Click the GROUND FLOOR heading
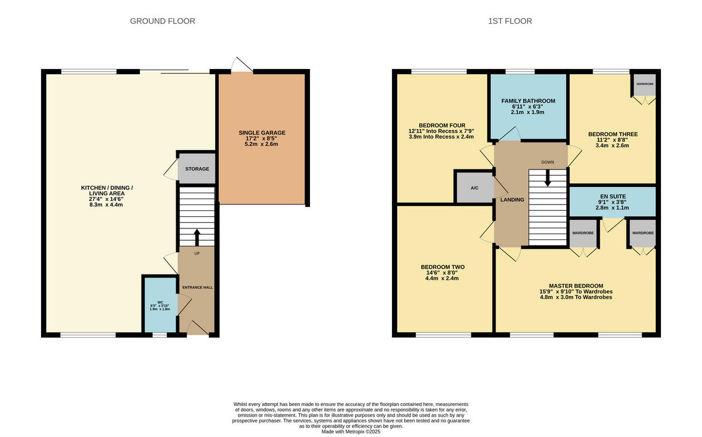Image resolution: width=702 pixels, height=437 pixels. [162, 21]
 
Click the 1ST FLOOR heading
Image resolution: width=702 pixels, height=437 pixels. [510, 21]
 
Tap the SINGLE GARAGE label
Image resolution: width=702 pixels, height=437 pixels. [261, 133]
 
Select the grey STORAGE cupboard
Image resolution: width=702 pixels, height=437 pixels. [197, 169]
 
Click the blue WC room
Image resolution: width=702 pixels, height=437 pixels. [160, 305]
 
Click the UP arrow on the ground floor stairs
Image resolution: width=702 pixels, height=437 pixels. [197, 237]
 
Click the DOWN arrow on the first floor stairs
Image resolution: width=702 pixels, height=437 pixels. [548, 178]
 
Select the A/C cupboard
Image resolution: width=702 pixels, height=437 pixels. [474, 188]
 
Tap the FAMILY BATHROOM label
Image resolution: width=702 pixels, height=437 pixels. [528, 101]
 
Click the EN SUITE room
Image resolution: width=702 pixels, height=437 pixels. [612, 201]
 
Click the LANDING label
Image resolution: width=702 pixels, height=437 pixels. [512, 200]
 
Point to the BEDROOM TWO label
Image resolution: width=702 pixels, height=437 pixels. [442, 267]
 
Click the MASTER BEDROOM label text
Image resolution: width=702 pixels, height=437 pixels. [576, 285]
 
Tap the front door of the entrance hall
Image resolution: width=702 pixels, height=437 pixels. [198, 330]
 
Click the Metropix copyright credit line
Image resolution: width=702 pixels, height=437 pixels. [351, 432]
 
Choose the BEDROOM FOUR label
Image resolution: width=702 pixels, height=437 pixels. [442, 126]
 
